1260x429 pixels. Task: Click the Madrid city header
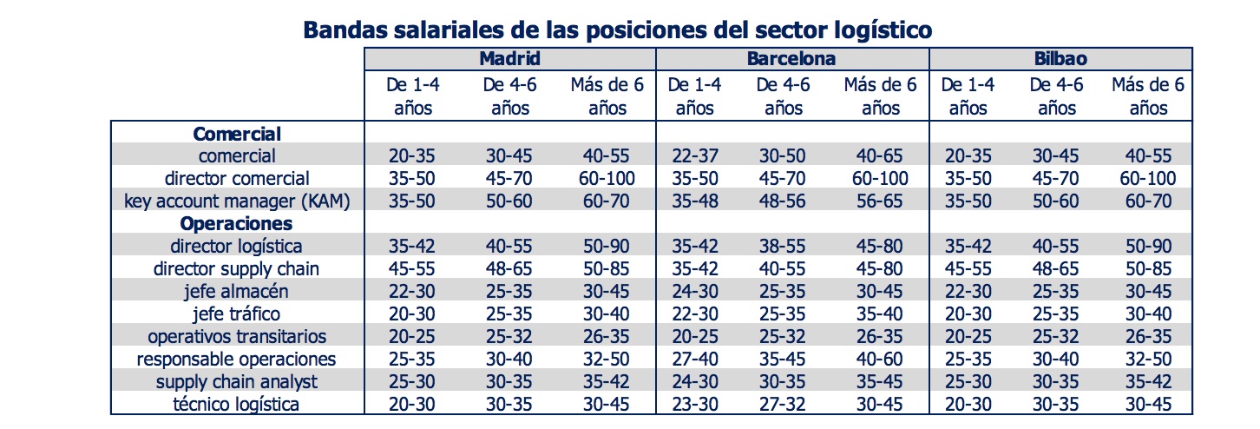(509, 59)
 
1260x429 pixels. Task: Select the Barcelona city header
(791, 59)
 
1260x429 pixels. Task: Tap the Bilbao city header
(1060, 59)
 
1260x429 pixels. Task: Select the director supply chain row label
(236, 268)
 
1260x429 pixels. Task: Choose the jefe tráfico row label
(236, 313)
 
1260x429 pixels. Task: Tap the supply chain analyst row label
(236, 381)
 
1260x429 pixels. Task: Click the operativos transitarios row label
(236, 336)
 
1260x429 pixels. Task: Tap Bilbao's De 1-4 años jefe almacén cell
(967, 291)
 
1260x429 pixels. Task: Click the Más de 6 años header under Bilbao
(1147, 96)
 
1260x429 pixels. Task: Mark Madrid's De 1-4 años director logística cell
(413, 246)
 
